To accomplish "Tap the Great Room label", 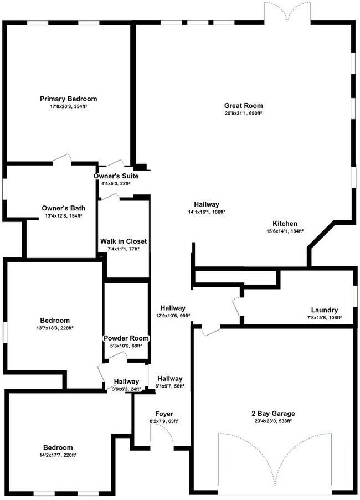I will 243,105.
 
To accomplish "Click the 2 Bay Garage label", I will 272,413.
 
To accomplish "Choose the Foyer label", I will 164,414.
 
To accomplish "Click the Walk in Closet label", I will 123,241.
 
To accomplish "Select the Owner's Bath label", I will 64,208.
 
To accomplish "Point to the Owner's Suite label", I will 116,176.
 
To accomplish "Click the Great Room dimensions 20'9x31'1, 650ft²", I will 243,113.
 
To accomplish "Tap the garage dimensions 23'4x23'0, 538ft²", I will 272,421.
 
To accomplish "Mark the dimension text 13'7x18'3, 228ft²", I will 55,328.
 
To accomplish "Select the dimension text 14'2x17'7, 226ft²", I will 58,455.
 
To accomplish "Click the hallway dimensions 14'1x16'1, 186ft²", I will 206,212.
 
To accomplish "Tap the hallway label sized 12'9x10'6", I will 173,308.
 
